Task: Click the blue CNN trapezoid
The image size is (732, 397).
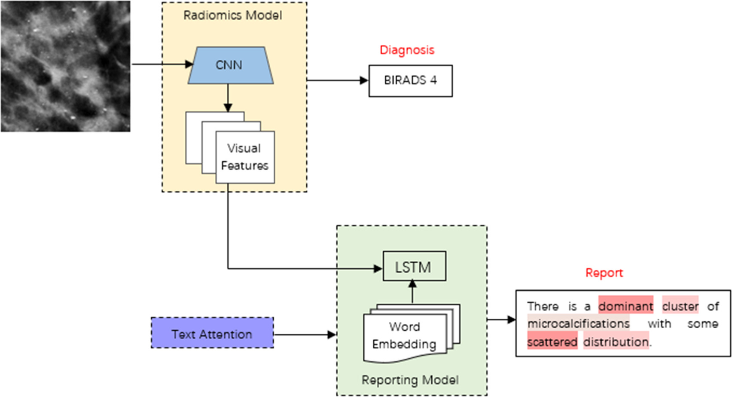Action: point(230,65)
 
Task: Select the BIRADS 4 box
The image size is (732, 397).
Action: point(410,81)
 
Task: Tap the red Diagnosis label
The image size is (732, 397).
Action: point(407,50)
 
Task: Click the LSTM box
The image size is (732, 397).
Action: point(414,267)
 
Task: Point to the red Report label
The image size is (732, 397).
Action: point(604,273)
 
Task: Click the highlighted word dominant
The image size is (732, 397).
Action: point(625,306)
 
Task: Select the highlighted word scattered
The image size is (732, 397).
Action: point(552,342)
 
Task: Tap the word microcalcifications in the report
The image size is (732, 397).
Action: point(578,323)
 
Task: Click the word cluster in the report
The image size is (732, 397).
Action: point(680,306)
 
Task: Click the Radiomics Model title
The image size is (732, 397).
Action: point(232,15)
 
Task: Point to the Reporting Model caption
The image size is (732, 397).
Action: point(410,380)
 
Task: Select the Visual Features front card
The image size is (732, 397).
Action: point(245,157)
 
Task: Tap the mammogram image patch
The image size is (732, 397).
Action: point(65,66)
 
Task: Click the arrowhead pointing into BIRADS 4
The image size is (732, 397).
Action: point(364,80)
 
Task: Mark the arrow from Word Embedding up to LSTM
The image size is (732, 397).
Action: point(412,292)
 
